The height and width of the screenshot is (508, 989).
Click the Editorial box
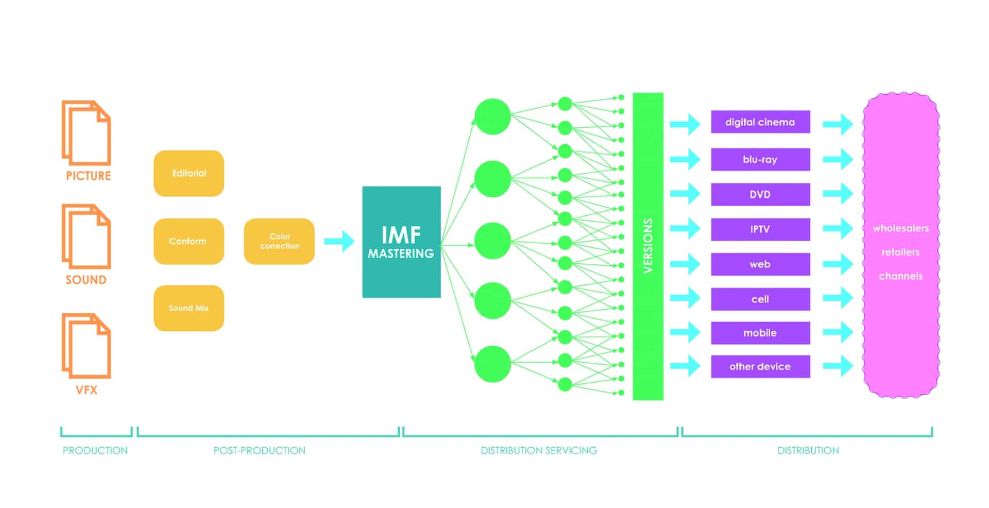click(189, 173)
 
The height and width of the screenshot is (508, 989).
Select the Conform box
click(189, 241)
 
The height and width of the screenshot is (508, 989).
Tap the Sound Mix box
click(189, 308)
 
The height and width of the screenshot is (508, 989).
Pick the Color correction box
click(279, 241)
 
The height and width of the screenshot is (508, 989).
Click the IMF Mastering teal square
click(401, 242)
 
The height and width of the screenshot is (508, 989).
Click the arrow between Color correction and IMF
click(339, 241)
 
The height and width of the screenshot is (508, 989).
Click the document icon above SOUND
click(87, 236)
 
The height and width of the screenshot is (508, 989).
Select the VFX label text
click(87, 390)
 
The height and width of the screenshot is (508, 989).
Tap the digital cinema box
click(760, 122)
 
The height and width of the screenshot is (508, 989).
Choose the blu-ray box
click(760, 160)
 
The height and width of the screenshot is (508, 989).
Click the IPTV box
click(760, 229)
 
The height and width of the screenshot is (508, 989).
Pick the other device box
click(760, 366)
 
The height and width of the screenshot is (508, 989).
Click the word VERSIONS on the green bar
click(648, 246)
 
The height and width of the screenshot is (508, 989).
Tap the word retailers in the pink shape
click(900, 252)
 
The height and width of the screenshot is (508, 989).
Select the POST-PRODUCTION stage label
click(260, 450)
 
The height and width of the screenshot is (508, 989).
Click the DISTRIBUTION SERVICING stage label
click(539, 450)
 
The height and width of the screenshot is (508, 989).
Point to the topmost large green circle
click(492, 116)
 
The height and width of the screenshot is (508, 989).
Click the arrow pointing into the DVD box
click(686, 194)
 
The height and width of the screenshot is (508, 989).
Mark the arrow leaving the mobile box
click(838, 332)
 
